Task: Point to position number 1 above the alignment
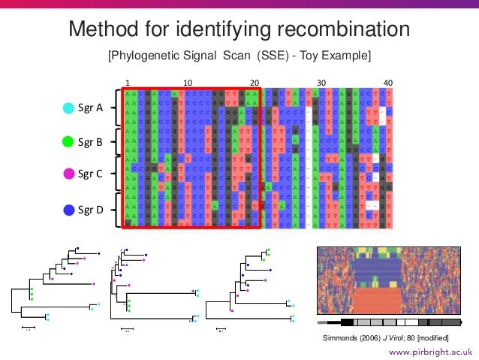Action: point(128,83)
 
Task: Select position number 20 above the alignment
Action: point(255,83)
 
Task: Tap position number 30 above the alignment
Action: point(321,83)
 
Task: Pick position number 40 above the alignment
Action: point(388,83)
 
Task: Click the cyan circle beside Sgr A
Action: point(68,108)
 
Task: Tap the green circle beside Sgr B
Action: point(68,141)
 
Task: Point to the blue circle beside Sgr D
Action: point(68,210)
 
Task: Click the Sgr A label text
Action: point(91,108)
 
